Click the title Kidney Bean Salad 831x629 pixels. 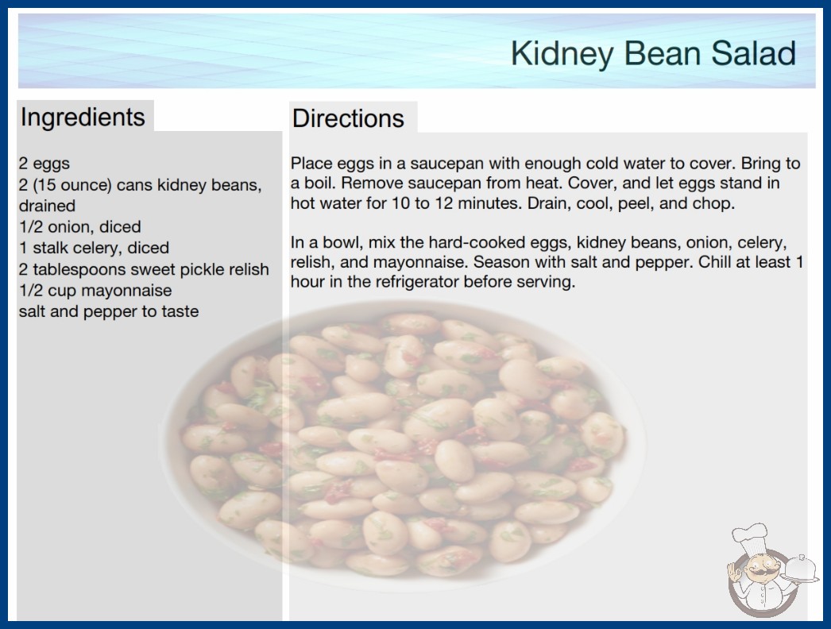coord(653,53)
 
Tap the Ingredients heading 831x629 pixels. coord(83,117)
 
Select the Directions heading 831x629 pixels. coord(348,118)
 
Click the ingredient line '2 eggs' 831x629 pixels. coord(44,164)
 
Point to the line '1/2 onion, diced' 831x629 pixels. coord(80,227)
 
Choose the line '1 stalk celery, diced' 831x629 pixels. coord(94,248)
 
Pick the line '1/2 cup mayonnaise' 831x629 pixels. coord(95,291)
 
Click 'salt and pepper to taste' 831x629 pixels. coord(109,311)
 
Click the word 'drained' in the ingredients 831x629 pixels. coord(47,206)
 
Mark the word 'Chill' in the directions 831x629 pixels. coord(717,262)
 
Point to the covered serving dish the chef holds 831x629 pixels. coord(800,569)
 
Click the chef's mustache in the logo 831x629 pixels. coord(762,572)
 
